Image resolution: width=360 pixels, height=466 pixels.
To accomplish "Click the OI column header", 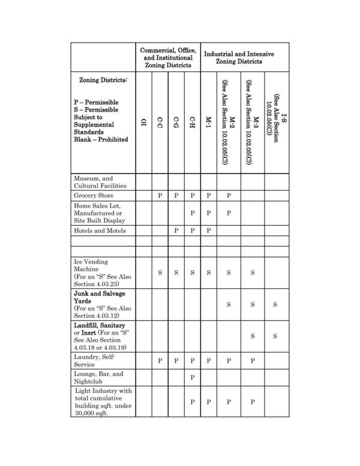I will pyautogui.click(x=143, y=122).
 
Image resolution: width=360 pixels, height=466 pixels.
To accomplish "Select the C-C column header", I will pyautogui.click(x=160, y=122).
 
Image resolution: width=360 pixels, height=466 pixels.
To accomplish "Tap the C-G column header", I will pyautogui.click(x=176, y=122).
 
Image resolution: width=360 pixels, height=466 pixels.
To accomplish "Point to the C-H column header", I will pyautogui.click(x=192, y=122).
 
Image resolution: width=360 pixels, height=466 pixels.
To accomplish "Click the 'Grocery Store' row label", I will pyautogui.click(x=94, y=196).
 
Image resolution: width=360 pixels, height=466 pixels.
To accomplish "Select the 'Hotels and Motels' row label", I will pyautogui.click(x=100, y=231).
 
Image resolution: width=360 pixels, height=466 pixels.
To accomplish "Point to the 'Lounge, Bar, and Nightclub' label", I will pyautogui.click(x=98, y=377).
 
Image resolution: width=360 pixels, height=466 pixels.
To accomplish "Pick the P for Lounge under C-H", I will pyautogui.click(x=192, y=377).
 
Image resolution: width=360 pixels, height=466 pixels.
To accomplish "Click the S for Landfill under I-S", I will pyautogui.click(x=275, y=336).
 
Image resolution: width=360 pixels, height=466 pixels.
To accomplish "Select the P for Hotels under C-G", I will pyautogui.click(x=176, y=231).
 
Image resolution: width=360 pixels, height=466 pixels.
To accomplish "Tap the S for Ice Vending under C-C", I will pyautogui.click(x=160, y=273).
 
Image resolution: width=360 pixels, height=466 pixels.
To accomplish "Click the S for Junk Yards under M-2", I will pyautogui.click(x=229, y=304).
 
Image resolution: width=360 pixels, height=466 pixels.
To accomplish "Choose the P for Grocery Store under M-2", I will pyautogui.click(x=229, y=196).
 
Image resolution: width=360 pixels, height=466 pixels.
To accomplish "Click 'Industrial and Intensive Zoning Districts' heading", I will pyautogui.click(x=239, y=58).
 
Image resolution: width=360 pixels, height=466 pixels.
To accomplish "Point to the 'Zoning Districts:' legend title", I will pyautogui.click(x=104, y=80).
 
